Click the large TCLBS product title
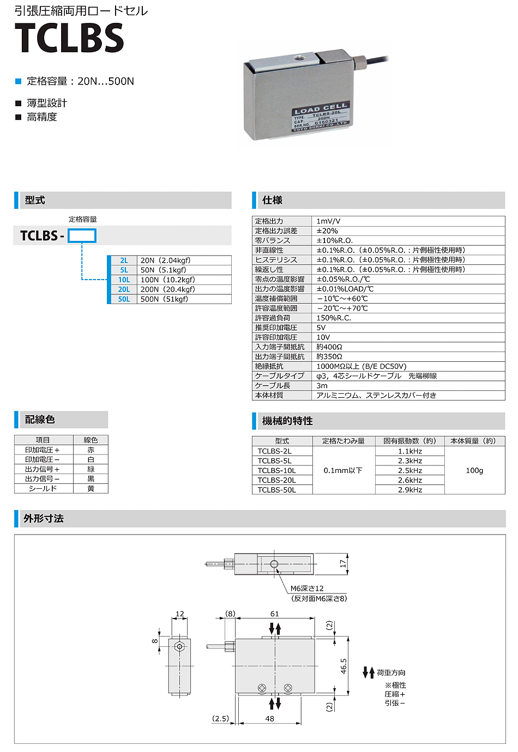69,38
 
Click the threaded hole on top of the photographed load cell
299,57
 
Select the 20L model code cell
124,289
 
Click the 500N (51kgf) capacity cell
164,299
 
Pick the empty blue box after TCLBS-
82,235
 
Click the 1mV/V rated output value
328,221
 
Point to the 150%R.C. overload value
334,318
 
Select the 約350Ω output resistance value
329,356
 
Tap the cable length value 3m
322,385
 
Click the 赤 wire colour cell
91,450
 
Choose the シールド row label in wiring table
43,488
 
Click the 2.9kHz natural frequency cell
410,490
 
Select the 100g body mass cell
474,470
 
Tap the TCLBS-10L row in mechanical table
276,470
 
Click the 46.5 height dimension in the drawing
344,666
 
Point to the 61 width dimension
275,614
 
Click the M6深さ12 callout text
307,589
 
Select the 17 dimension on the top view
343,564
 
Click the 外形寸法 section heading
44,518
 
